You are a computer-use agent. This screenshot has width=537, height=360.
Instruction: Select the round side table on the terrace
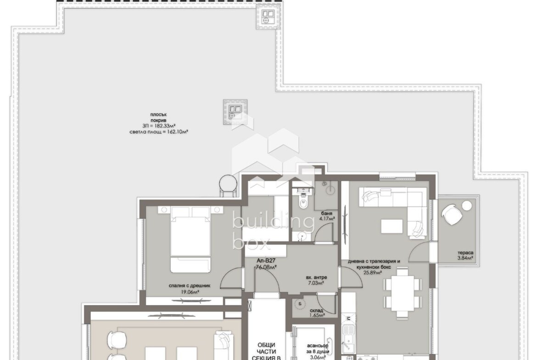[467, 205]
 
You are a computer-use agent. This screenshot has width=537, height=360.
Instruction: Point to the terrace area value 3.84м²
[465, 258]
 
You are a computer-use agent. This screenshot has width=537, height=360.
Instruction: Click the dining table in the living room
[402, 293]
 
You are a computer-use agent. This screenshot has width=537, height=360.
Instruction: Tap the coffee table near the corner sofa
[392, 226]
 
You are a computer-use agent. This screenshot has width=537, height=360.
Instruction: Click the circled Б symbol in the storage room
[300, 304]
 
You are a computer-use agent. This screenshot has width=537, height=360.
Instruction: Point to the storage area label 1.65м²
[316, 316]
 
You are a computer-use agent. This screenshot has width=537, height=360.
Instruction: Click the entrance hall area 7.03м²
[316, 283]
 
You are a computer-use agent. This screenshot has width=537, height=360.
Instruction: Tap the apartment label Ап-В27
[266, 260]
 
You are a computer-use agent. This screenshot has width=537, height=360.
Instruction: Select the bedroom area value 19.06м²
[190, 292]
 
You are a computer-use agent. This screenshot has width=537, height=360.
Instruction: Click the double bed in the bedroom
[190, 239]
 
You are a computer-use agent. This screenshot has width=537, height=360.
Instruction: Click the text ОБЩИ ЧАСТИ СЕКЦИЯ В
[267, 351]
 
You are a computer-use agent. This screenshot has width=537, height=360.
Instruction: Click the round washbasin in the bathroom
[302, 236]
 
